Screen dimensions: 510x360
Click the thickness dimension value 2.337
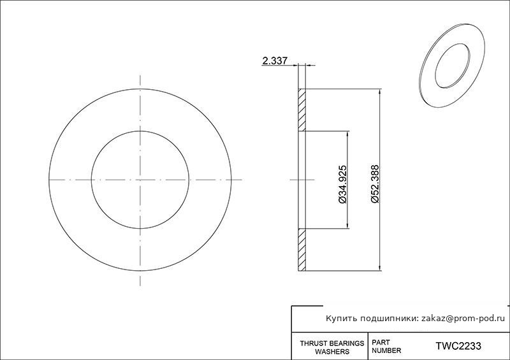click(x=275, y=61)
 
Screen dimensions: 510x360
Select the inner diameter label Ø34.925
click(x=343, y=184)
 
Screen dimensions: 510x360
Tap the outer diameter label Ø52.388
click(x=375, y=184)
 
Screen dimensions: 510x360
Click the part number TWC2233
click(x=458, y=346)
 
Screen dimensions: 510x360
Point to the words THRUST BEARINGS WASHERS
click(x=332, y=347)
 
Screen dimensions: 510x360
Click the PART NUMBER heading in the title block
click(x=386, y=347)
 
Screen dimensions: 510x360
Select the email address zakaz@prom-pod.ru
click(x=463, y=319)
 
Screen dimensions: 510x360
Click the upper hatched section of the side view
click(x=302, y=110)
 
